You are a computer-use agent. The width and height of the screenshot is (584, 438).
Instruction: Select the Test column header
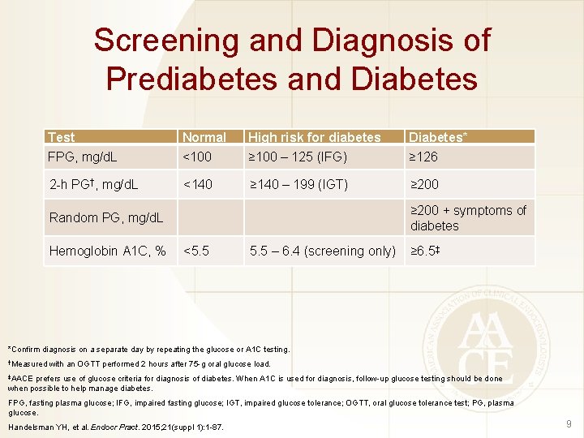[x=62, y=137]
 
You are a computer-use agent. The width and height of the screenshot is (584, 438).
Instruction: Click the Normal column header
[x=204, y=137]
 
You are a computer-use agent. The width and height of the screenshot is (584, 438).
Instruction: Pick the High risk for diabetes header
[x=314, y=137]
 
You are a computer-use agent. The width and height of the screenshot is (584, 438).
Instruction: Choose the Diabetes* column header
[x=439, y=137]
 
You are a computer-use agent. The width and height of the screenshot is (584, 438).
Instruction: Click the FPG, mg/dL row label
[x=83, y=157]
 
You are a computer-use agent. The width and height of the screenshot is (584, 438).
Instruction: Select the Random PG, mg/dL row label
[x=105, y=217]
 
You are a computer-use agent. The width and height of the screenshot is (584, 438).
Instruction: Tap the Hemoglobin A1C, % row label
[x=107, y=251]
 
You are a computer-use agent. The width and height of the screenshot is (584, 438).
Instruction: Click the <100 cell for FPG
[x=198, y=157]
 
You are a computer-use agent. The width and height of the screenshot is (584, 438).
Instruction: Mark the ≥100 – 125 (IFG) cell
[x=298, y=157]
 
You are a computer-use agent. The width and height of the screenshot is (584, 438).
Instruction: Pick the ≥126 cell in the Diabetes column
[x=423, y=157]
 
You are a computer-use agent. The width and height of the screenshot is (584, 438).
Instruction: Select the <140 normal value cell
[x=198, y=185]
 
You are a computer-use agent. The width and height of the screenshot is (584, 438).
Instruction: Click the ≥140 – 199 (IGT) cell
[x=298, y=185]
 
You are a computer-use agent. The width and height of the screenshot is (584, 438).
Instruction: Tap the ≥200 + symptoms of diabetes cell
[x=468, y=217]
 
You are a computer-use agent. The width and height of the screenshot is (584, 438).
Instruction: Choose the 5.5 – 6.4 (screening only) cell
[x=322, y=251]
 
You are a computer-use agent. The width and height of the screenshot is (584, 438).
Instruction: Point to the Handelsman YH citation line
[x=116, y=427]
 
